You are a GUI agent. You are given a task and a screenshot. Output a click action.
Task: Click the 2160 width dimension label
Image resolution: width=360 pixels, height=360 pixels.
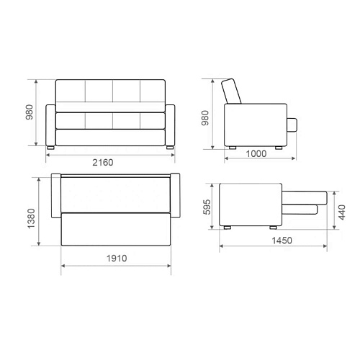pyautogui.click(x=103, y=163)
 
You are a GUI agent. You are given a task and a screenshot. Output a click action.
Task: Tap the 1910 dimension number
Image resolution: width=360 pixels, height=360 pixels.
pyautogui.click(x=117, y=258)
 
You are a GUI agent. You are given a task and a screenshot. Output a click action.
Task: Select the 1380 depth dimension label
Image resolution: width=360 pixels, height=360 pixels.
pyautogui.click(x=31, y=219)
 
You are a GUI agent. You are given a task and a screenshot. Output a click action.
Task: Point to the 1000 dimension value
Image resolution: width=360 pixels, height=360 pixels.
pyautogui.click(x=256, y=153)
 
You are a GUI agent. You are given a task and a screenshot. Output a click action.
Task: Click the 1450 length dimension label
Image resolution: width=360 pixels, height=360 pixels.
pyautogui.click(x=282, y=240)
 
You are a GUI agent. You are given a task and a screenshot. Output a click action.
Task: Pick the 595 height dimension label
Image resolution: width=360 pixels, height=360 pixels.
pyautogui.click(x=207, y=207)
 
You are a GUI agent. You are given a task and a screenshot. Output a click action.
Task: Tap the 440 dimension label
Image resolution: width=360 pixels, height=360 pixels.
pyautogui.click(x=341, y=212)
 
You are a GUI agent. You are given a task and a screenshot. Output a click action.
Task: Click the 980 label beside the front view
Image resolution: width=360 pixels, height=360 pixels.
pyautogui.click(x=30, y=112)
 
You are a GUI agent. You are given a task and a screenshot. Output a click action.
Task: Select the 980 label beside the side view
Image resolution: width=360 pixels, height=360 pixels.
pyautogui.click(x=205, y=118)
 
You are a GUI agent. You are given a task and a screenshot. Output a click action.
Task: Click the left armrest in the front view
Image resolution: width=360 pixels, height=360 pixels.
pyautogui.click(x=50, y=125)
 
